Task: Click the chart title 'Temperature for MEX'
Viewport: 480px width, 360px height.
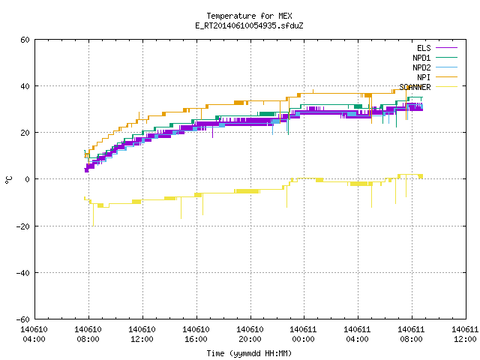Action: coord(249,16)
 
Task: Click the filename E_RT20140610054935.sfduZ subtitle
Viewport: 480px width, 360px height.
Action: coord(249,25)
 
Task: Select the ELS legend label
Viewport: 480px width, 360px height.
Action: coord(424,48)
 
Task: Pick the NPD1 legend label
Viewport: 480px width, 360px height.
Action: coord(421,58)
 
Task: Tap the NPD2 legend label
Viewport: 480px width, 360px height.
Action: coord(421,67)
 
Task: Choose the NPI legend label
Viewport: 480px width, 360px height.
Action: coord(424,77)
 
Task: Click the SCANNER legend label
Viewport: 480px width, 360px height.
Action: coord(415,87)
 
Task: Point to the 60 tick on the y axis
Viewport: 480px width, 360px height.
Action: coord(25,40)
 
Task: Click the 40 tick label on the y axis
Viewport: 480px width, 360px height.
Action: coord(25,86)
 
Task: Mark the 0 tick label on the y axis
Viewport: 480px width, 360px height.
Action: coord(28,179)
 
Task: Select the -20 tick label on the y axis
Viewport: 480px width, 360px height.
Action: coord(23,226)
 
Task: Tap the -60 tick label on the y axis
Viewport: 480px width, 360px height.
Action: coord(23,319)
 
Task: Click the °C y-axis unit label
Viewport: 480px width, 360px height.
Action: coord(9,180)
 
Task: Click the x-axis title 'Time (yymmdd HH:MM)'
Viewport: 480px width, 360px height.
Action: coord(249,353)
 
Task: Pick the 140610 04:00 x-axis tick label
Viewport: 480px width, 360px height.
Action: coord(34,334)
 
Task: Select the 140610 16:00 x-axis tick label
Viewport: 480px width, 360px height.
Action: coord(196,334)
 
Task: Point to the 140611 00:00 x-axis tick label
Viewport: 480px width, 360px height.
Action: coord(303,334)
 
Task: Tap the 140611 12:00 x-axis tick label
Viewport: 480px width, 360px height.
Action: coord(465,334)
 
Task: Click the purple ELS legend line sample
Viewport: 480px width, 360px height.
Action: coord(446,48)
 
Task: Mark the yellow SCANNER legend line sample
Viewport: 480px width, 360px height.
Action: coord(446,87)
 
